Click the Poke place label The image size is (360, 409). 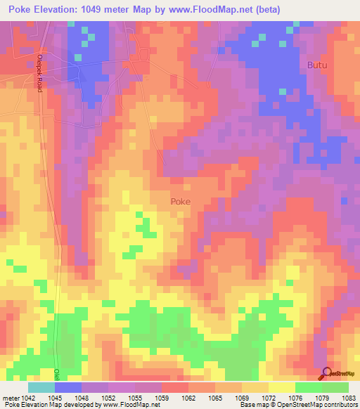pyautogui.click(x=181, y=201)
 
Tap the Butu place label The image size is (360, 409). pyautogui.click(x=317, y=65)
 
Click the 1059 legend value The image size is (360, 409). pyautogui.click(x=161, y=398)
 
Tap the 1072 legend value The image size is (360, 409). pyautogui.click(x=269, y=398)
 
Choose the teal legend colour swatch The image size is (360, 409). pyautogui.click(x=41, y=387)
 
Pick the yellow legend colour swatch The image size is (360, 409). pyautogui.click(x=281, y=387)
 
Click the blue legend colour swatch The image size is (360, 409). pyautogui.click(x=68, y=387)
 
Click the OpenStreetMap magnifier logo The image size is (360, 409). pyautogui.click(x=327, y=373)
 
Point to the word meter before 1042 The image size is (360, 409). pyautogui.click(x=8, y=398)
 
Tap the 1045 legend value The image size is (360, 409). pyautogui.click(x=53, y=398)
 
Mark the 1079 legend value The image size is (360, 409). pyautogui.click(x=323, y=398)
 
